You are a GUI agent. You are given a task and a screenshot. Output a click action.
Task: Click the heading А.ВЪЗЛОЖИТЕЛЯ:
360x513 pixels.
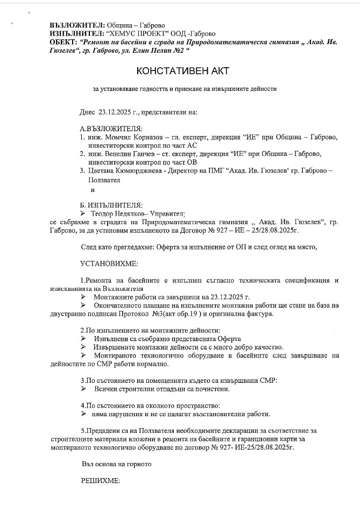(111, 129)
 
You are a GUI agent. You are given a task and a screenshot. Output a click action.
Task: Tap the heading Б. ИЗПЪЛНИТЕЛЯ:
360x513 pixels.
(111, 205)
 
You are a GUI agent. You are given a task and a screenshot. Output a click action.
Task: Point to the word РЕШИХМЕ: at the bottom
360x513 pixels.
(100, 480)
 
